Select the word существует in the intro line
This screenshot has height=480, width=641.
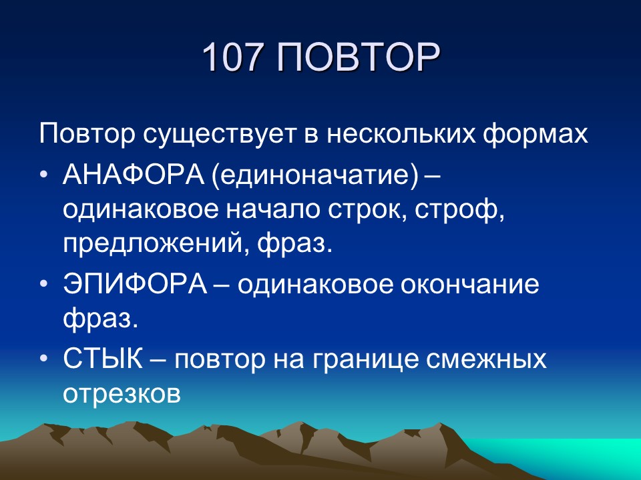[x=215, y=134]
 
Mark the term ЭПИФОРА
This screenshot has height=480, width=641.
[x=137, y=285]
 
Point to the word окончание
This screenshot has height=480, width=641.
[x=471, y=285]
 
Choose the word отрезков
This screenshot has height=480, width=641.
[x=122, y=394]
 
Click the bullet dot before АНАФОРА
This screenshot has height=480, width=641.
[x=43, y=175]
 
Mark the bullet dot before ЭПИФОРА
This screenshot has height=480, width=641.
[x=43, y=285]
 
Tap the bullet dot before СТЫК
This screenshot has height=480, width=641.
[x=43, y=360]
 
